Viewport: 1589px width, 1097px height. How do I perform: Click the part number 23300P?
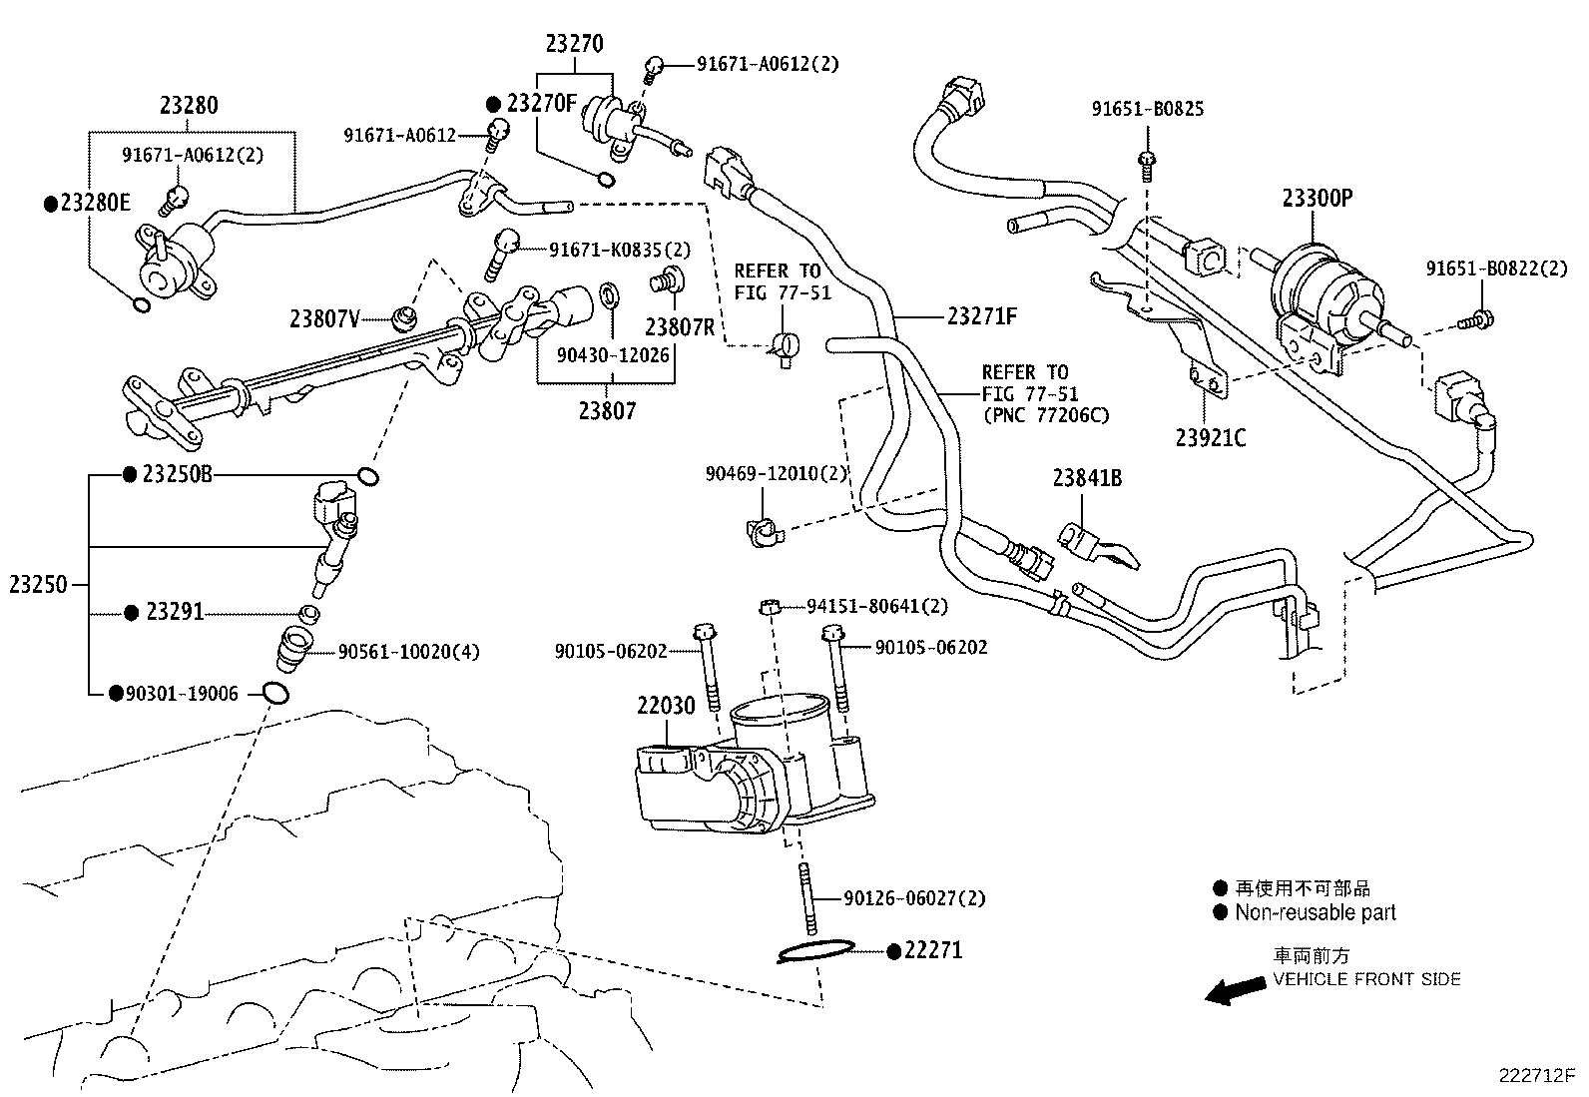[1317, 199]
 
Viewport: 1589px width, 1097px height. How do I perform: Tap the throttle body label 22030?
[666, 707]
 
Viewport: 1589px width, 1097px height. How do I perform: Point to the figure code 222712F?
[1535, 1076]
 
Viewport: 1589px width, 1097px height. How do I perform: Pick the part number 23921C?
[1210, 438]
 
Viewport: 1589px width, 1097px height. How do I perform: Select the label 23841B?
[1087, 479]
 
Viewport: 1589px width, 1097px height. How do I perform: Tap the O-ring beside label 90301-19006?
[276, 693]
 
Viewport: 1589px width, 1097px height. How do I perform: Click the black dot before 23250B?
[129, 475]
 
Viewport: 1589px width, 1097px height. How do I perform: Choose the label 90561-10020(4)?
[408, 652]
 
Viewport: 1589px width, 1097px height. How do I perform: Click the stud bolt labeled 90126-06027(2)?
[806, 896]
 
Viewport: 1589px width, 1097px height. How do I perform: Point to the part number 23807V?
[324, 319]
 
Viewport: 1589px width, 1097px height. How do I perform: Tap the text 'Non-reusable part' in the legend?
[1315, 912]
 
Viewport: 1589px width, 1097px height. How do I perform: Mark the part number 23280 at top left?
[189, 106]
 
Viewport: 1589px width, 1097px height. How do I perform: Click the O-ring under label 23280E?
[141, 304]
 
